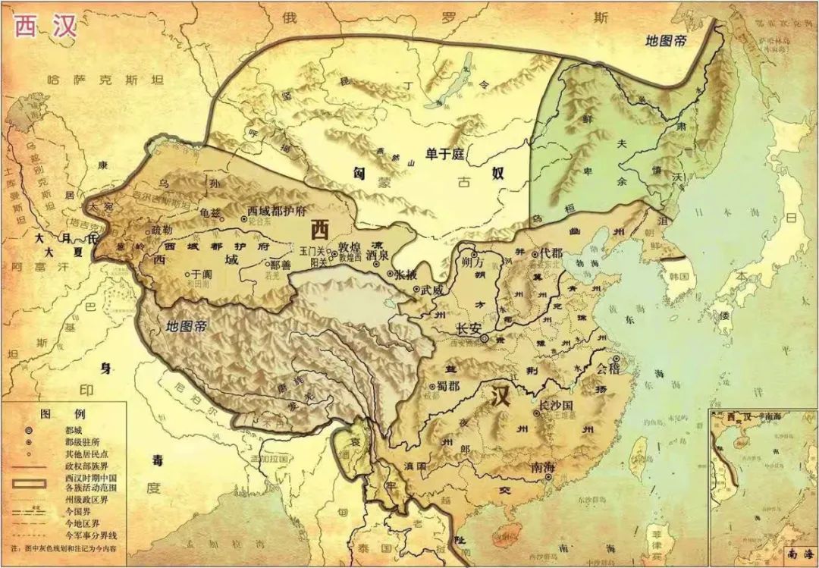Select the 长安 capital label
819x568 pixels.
tap(468, 329)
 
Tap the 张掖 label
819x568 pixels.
tap(404, 274)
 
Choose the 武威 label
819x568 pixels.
tap(432, 290)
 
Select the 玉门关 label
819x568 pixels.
tap(312, 249)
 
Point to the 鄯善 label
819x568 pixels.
tap(280, 265)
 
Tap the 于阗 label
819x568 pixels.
tap(200, 274)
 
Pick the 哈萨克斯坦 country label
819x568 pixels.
tap(94, 79)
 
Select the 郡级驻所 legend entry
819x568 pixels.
tap(80, 442)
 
